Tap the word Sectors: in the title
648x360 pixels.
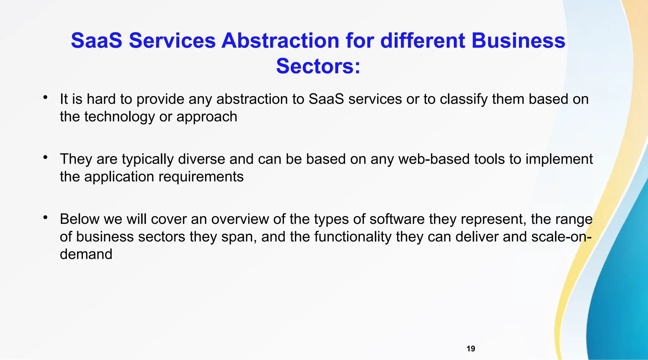click(318, 66)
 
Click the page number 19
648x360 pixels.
click(470, 349)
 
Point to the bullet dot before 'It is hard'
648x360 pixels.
click(46, 97)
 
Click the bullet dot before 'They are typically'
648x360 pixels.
click(46, 157)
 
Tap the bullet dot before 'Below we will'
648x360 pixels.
click(46, 217)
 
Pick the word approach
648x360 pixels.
click(207, 117)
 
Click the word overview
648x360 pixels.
click(240, 219)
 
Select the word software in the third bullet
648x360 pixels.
click(397, 219)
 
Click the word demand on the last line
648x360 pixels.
click(86, 254)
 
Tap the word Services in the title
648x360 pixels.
click(172, 41)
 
